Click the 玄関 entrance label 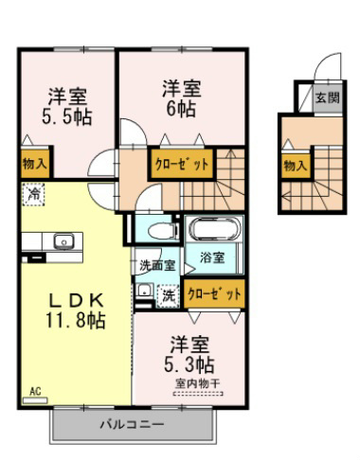click(328, 98)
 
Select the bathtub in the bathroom click(213, 229)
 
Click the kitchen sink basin click(63, 241)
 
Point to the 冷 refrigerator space click(33, 194)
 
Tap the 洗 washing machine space click(169, 296)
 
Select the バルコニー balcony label click(132, 424)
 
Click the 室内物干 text click(198, 384)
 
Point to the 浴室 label click(212, 257)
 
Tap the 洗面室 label click(157, 266)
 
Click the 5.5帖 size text click(67, 117)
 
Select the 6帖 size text click(181, 109)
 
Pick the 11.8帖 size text click(76, 320)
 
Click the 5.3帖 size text click(189, 364)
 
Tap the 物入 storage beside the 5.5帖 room click(35, 164)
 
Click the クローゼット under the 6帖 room click(182, 164)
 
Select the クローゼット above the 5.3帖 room click(214, 294)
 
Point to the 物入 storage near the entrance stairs click(296, 166)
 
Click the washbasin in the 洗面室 click(145, 290)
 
